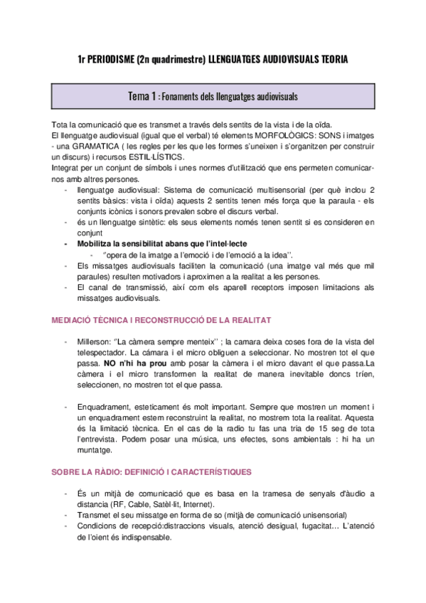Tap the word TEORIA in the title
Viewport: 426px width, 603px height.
click(329, 60)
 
